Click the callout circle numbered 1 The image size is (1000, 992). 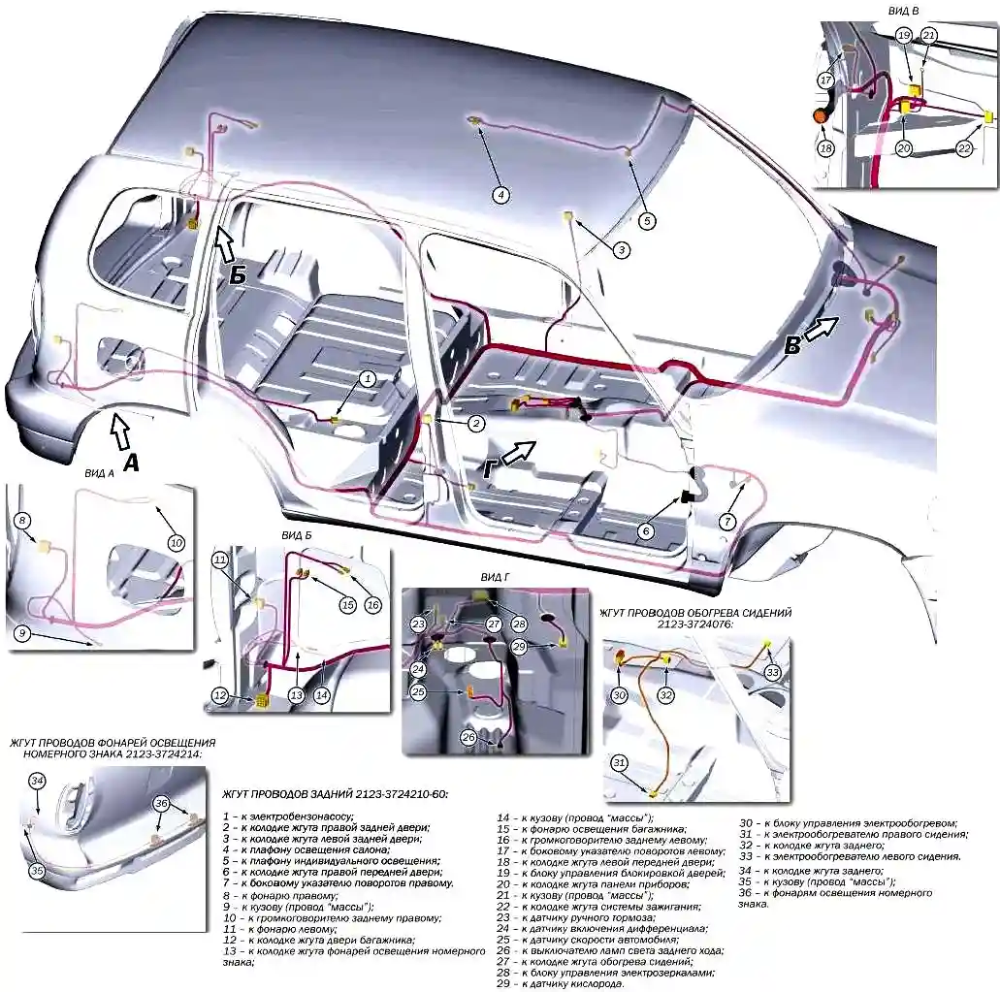pos(368,378)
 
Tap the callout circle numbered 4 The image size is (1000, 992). pos(500,195)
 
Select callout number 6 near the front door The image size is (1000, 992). pos(645,530)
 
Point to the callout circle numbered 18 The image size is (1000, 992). pos(825,148)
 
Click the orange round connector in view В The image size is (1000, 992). pos(821,116)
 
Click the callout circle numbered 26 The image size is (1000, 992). pos(468,737)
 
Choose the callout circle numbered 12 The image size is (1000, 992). pos(220,695)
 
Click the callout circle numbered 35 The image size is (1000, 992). pos(37,871)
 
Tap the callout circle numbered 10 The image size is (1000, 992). pos(176,543)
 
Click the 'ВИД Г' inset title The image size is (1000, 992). pos(495,578)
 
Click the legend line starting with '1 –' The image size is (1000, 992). pos(288,816)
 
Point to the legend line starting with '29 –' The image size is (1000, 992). pos(560,983)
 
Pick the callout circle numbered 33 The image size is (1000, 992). pos(773,671)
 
